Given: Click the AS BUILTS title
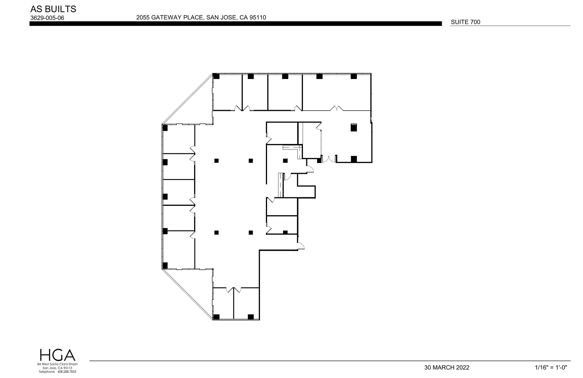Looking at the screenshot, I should click(x=53, y=9).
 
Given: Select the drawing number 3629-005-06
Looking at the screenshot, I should click(x=47, y=18).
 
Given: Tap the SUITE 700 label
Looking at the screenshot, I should click(x=465, y=22).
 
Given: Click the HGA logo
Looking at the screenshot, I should click(x=57, y=355).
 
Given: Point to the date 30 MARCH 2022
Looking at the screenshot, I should click(x=447, y=367).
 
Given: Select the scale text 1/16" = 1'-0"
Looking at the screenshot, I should click(x=551, y=367).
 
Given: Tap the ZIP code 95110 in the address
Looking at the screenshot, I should click(x=258, y=17).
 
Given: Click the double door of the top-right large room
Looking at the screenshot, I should click(x=336, y=108).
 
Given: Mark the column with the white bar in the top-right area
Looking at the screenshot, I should click(x=354, y=127).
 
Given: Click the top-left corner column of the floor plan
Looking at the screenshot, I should click(x=216, y=76).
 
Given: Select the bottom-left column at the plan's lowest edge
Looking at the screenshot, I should click(x=216, y=316).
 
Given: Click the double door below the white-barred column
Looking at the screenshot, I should click(x=329, y=159).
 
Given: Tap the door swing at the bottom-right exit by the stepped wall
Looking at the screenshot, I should click(x=301, y=246).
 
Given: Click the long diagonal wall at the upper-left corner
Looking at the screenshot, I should click(x=187, y=99).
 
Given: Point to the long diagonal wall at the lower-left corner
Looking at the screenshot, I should click(x=187, y=294).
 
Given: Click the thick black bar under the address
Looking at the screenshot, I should click(x=235, y=24).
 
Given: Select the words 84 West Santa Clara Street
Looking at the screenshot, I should click(x=57, y=364).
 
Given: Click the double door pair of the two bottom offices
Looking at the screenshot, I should click(x=233, y=290).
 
